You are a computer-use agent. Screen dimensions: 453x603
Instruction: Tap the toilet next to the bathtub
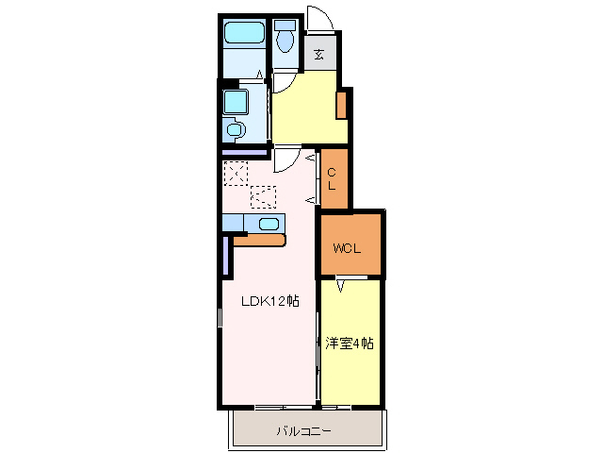click(x=286, y=39)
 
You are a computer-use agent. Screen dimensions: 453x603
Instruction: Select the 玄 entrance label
click(x=320, y=54)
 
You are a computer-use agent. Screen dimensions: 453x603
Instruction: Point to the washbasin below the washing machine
click(x=236, y=129)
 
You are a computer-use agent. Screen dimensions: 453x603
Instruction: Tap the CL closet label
click(x=333, y=178)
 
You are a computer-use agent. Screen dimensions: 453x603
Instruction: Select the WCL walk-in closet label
click(x=348, y=249)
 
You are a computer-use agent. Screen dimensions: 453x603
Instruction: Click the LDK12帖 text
click(x=269, y=301)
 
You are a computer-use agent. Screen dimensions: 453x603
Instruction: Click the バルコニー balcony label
click(x=303, y=431)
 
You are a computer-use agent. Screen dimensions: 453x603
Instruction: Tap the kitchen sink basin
click(x=268, y=224)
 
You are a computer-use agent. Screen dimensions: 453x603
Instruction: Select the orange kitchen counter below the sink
click(x=258, y=241)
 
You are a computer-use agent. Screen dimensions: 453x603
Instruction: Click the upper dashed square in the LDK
click(x=235, y=173)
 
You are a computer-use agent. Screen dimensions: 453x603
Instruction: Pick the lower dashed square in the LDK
click(x=263, y=196)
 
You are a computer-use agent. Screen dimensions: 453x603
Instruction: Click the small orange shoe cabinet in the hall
click(x=343, y=103)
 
